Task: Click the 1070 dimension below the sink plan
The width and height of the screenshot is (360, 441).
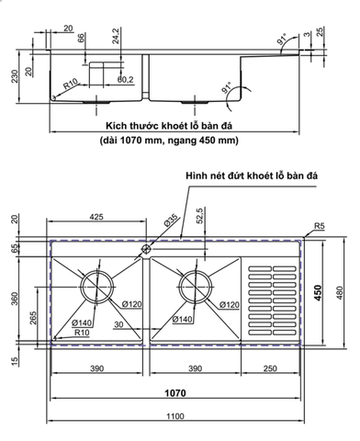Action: [174, 392]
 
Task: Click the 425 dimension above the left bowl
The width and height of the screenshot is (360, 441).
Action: [95, 219]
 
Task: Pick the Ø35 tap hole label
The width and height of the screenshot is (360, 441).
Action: [172, 220]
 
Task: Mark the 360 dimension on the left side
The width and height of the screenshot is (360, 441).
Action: [16, 298]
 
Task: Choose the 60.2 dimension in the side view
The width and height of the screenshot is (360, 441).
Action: [125, 79]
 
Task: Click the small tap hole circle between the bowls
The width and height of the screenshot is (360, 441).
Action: [145, 248]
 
